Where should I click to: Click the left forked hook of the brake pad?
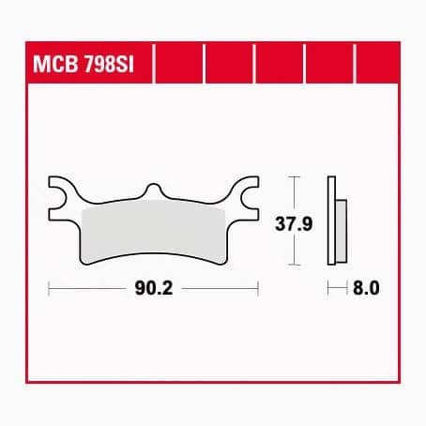click(61, 194)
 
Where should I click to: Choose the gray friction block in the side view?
click(342, 235)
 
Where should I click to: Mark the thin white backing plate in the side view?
click(331, 221)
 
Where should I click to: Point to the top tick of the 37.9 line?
click(296, 176)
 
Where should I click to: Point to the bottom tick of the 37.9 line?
click(296, 266)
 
